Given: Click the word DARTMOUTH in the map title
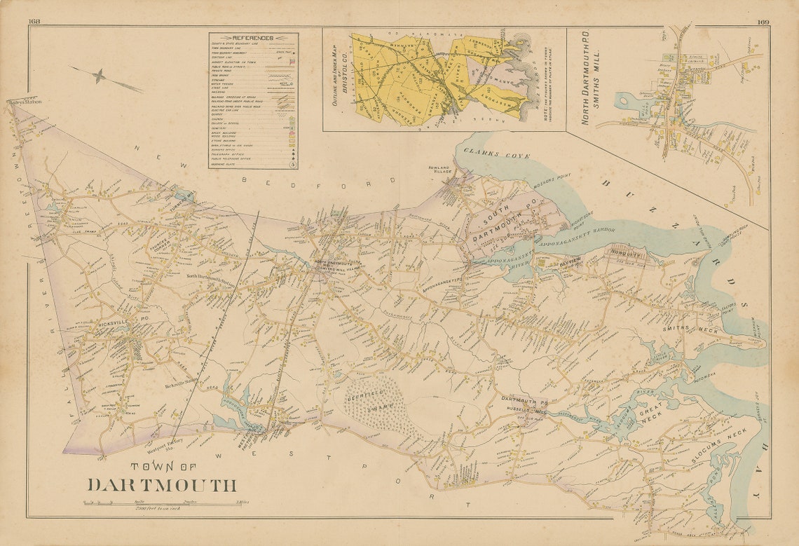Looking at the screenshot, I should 161,485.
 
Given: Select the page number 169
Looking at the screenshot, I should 763,22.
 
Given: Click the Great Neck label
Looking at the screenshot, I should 650,418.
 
